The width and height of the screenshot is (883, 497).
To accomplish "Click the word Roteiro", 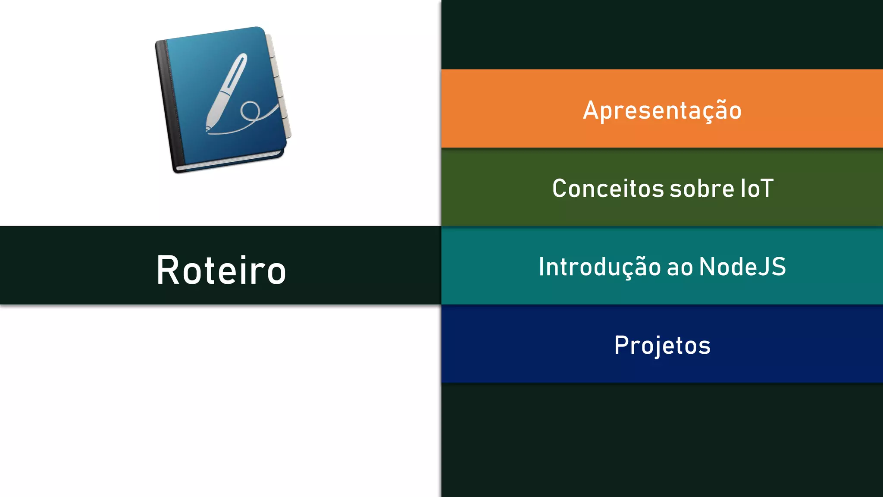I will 221,271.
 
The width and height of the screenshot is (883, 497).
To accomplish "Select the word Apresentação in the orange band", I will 662,110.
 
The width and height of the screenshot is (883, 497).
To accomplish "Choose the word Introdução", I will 599,267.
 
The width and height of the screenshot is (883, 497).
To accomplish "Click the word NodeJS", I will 742,267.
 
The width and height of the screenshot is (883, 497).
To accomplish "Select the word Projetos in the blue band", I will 662,345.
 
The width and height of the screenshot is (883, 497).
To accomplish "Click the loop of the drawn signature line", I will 250,111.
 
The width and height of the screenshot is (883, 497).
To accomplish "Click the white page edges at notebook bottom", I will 229,160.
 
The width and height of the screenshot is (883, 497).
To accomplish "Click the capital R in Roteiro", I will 167,271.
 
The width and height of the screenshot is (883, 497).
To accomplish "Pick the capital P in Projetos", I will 621,345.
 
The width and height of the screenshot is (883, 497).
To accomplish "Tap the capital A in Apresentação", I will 592,110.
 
